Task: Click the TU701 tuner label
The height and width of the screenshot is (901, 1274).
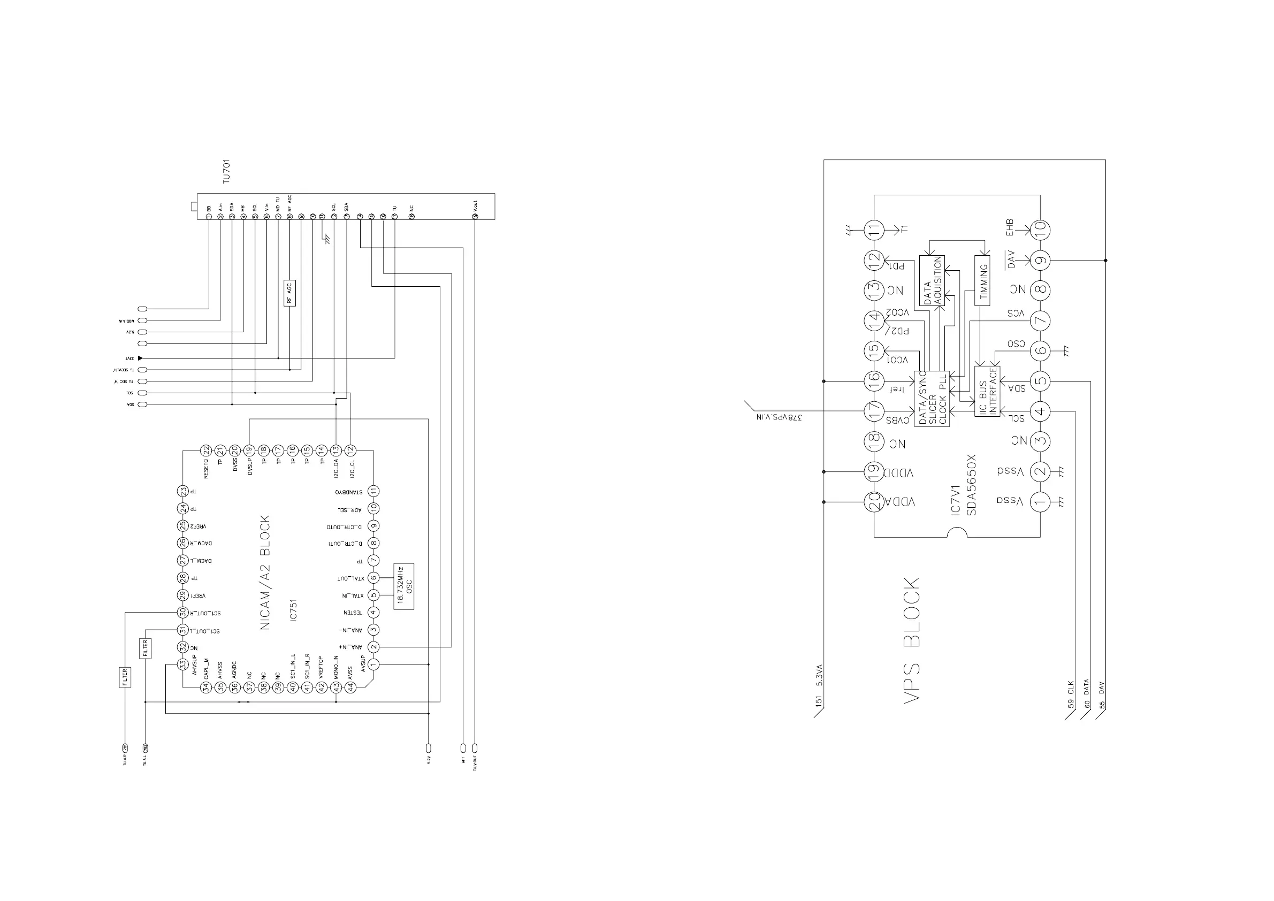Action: (x=226, y=171)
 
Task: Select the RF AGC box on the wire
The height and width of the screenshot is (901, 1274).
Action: (x=289, y=293)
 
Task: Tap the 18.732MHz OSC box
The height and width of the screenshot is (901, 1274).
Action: (x=404, y=586)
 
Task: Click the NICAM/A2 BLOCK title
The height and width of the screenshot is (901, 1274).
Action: (x=265, y=572)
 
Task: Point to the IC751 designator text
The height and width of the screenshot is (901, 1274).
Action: (x=294, y=610)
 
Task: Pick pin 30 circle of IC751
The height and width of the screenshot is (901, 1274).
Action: (x=182, y=613)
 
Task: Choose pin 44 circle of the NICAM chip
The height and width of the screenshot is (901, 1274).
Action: (x=350, y=688)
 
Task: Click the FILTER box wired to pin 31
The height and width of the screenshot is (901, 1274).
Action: (x=146, y=648)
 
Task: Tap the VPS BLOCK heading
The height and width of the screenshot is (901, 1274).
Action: (x=912, y=640)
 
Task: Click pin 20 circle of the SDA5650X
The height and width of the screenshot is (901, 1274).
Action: (x=874, y=502)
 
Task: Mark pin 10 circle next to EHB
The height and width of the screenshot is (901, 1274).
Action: (x=1040, y=228)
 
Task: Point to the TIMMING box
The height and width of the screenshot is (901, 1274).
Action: (x=982, y=281)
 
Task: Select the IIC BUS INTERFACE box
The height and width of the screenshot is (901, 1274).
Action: (x=987, y=391)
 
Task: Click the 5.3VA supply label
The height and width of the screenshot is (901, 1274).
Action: (x=820, y=676)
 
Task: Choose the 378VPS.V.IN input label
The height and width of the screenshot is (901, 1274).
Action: (x=779, y=417)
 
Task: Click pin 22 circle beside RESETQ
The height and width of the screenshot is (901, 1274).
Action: (x=206, y=450)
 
